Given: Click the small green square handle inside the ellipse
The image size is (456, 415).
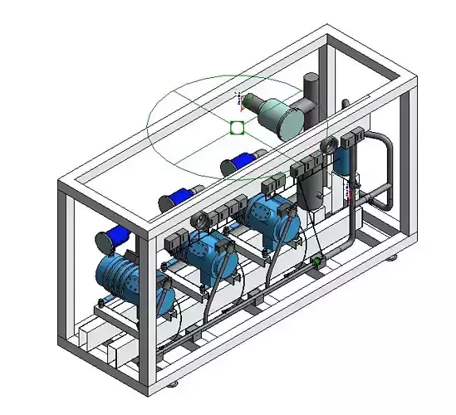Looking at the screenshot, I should pyautogui.click(x=237, y=127).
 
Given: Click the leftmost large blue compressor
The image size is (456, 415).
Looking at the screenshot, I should pyautogui.click(x=129, y=278).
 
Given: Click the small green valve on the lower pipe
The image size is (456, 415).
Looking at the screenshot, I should pyautogui.click(x=316, y=263).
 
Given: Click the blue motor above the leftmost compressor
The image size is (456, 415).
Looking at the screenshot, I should pyautogui.click(x=113, y=239).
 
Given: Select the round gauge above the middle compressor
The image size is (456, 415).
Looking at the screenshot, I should pyautogui.click(x=199, y=221).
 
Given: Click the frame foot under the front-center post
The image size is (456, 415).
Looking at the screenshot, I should pyautogui.click(x=173, y=384).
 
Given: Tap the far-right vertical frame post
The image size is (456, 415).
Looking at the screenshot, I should pyautogui.click(x=406, y=166).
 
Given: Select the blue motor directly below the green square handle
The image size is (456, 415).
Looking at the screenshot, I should pyautogui.click(x=243, y=163).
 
